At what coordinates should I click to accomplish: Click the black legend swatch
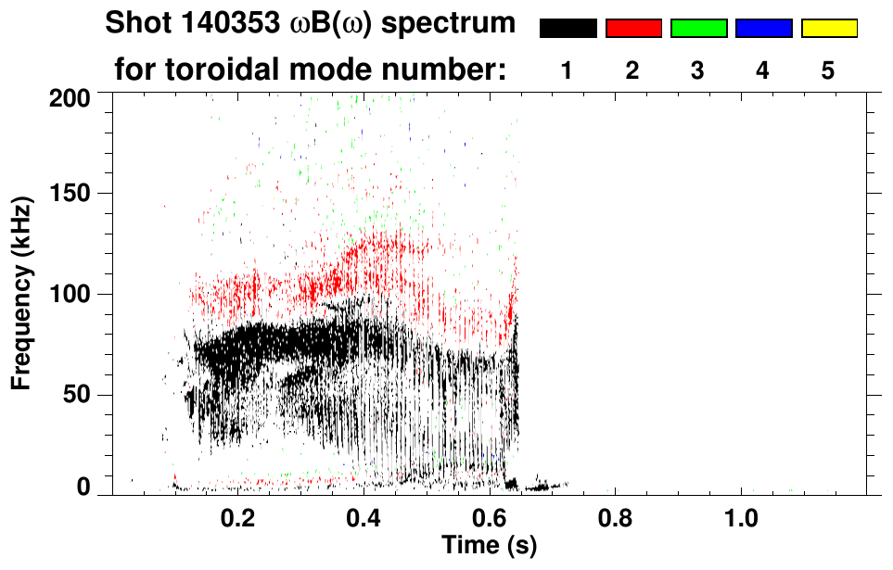(568, 29)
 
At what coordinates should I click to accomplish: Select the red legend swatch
(633, 29)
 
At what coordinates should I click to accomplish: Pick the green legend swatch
(698, 29)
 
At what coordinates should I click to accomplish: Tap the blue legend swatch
(763, 29)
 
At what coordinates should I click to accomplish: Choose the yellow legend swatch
(828, 29)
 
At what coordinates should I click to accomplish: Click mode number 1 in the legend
(567, 70)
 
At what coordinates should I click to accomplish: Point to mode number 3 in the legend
(697, 70)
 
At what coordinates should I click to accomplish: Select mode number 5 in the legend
(827, 70)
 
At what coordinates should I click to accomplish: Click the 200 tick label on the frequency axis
(70, 96)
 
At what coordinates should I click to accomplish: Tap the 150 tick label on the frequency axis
(70, 194)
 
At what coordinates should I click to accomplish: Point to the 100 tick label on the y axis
(70, 295)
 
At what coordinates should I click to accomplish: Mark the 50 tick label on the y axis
(77, 396)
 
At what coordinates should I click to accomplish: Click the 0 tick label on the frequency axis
(83, 487)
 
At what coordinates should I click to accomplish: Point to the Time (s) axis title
(489, 545)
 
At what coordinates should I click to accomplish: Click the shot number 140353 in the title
(238, 24)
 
